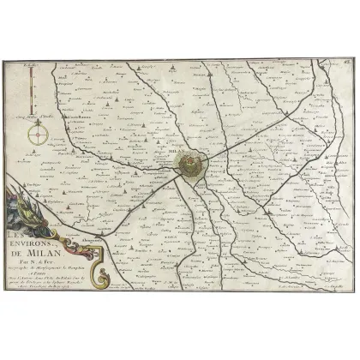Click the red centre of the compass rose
[38, 135]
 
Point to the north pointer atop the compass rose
[38, 123]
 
